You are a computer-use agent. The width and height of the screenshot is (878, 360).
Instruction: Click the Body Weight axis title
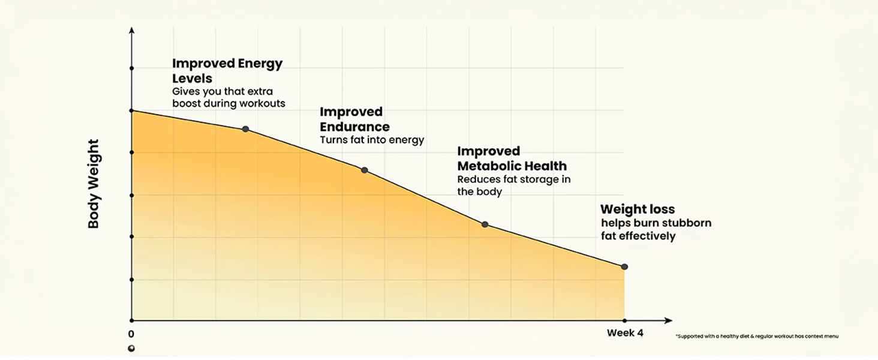tap(94, 184)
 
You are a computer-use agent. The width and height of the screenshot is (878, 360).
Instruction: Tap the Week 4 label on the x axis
tap(624, 333)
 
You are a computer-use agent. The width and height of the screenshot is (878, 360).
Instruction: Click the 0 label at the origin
tap(131, 334)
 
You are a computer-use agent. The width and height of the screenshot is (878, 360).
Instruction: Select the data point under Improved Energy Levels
tap(245, 129)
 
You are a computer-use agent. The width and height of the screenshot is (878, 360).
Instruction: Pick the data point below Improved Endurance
tap(364, 170)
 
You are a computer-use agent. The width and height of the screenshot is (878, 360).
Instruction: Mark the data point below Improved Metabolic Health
tap(485, 224)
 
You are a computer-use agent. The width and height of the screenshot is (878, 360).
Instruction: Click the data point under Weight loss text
tap(624, 266)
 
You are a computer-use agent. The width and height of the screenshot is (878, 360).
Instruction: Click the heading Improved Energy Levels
tap(227, 71)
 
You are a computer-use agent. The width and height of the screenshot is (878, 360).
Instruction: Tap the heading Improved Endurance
tap(354, 119)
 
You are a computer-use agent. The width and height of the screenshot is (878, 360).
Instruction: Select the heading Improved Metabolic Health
tap(512, 158)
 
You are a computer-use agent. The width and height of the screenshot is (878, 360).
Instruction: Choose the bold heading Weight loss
tap(638, 209)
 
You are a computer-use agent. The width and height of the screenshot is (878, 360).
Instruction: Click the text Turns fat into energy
tap(372, 140)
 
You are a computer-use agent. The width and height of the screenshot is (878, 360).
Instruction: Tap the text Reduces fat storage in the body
tap(513, 185)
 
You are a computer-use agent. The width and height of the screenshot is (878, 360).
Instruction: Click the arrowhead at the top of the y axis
tap(131, 29)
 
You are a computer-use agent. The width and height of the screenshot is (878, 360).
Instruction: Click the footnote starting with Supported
tap(756, 337)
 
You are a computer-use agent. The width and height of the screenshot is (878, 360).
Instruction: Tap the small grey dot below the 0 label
tap(131, 349)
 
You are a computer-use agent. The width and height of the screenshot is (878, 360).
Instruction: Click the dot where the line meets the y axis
tap(131, 110)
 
